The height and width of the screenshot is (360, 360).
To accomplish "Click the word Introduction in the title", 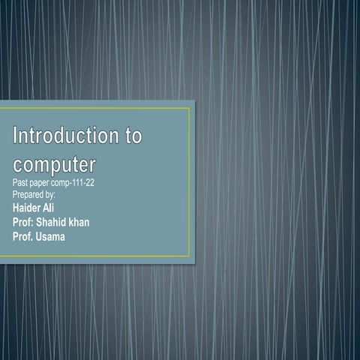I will tap(64, 136).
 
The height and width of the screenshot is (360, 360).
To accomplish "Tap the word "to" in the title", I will tap(131, 136).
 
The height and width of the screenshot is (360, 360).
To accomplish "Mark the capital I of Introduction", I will tap(16, 136).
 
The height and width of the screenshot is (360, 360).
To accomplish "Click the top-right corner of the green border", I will tap(190, 108).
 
